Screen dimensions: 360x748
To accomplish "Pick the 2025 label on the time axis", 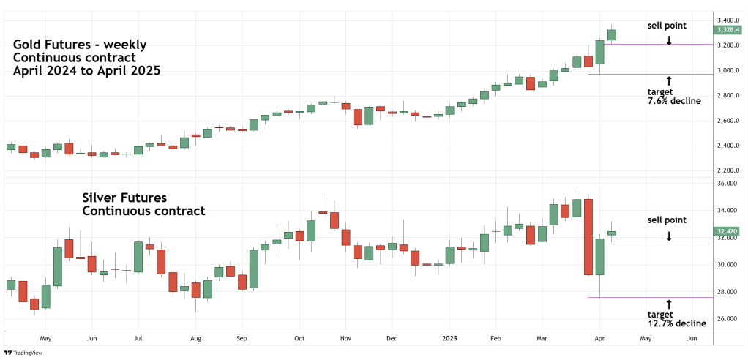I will (x=450, y=339).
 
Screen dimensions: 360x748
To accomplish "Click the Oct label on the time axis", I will (x=299, y=339).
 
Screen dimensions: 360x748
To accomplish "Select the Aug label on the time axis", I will (x=195, y=339).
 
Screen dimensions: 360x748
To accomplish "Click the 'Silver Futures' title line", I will (x=124, y=198).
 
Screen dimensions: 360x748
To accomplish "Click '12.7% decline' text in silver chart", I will (x=676, y=323).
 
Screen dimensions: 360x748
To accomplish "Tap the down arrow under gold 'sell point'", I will (x=669, y=40).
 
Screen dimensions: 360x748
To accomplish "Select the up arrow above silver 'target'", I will (x=669, y=302).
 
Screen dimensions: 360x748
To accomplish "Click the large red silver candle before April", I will (x=587, y=236).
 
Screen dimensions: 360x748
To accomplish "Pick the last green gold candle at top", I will (x=612, y=34).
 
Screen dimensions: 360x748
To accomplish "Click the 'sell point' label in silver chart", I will (x=667, y=220).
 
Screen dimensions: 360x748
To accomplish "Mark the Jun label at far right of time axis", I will (x=692, y=339).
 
